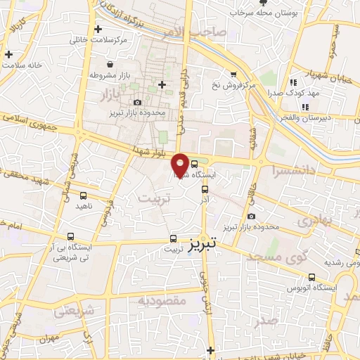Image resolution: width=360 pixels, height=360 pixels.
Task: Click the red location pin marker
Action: (x=180, y=165)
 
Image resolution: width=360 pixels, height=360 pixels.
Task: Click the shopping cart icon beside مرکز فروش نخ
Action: (x=233, y=74)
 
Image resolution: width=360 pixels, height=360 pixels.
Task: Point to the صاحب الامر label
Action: (x=208, y=32)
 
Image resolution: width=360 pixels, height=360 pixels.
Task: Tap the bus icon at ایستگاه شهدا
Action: (x=194, y=165)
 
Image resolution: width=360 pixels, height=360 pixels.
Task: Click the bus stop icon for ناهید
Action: (x=83, y=196)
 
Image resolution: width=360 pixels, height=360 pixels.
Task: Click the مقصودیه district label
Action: (x=161, y=301)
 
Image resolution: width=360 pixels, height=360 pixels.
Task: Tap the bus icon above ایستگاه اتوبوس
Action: (x=311, y=278)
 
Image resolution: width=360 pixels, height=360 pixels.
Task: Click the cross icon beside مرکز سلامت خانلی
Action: (x=98, y=29)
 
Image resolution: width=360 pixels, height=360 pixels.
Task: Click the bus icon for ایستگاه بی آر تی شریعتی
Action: (x=70, y=236)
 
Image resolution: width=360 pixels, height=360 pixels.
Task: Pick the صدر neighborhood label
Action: (x=268, y=321)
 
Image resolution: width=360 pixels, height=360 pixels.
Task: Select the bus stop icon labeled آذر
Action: (x=205, y=188)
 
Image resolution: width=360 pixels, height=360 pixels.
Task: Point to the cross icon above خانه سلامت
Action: (x=8, y=54)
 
